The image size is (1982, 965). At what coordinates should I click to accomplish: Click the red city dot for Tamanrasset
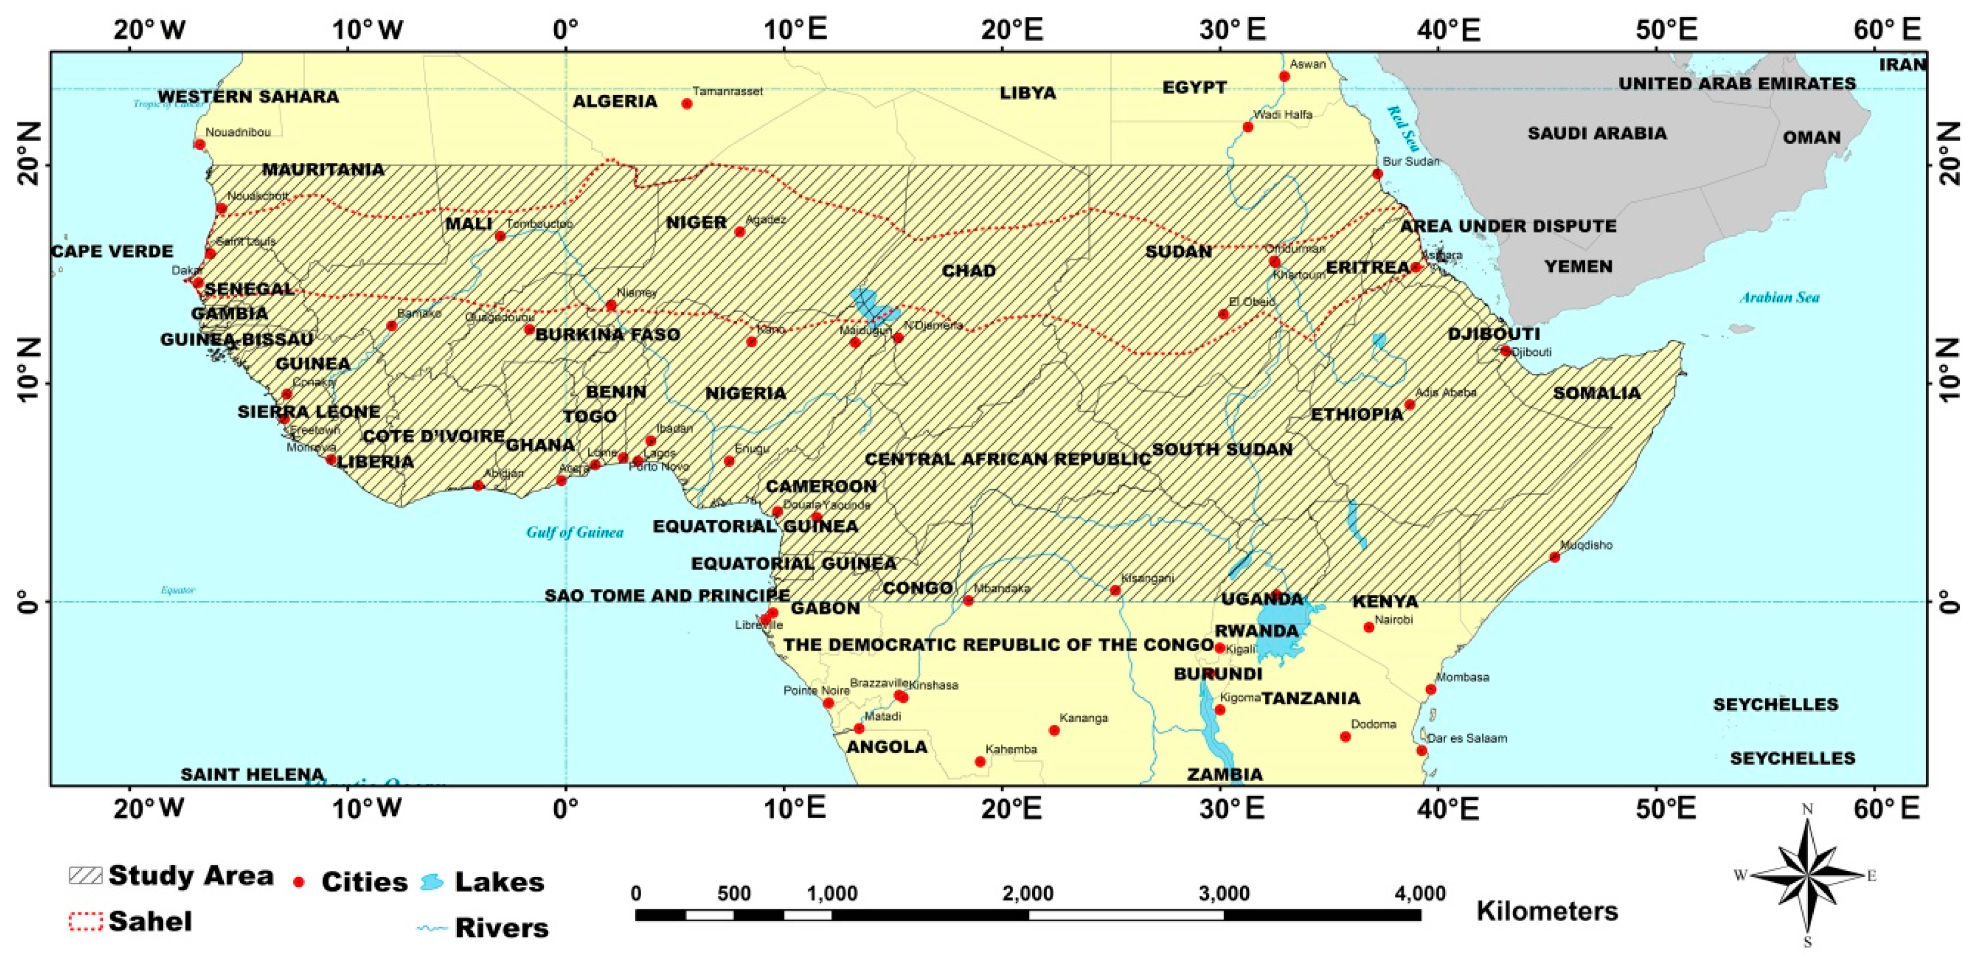pos(687,104)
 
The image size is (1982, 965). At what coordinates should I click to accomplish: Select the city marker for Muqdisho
pos(1554,557)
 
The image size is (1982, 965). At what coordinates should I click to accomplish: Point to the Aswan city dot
pos(1284,76)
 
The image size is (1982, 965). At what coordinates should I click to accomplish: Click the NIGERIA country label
pos(746,393)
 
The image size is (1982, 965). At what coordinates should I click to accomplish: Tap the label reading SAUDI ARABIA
pos(1597,133)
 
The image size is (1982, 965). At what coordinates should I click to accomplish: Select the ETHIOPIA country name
pos(1357,414)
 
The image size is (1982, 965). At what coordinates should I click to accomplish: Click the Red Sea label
pos(1402,128)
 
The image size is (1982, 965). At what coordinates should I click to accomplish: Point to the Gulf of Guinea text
pos(575,532)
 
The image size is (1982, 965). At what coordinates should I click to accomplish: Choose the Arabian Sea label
pos(1780,297)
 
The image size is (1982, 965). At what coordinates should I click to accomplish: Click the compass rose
pos(1807,876)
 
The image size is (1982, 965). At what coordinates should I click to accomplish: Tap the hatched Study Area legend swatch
pos(85,875)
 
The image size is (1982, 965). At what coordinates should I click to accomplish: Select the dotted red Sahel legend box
pos(85,921)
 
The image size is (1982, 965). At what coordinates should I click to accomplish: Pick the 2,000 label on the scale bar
pos(1028,894)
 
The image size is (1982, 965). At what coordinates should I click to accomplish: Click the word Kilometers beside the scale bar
pos(1547,911)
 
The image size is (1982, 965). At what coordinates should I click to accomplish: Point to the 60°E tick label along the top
pos(1887,29)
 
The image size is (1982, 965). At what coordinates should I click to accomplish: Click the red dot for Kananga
pos(1054,730)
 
